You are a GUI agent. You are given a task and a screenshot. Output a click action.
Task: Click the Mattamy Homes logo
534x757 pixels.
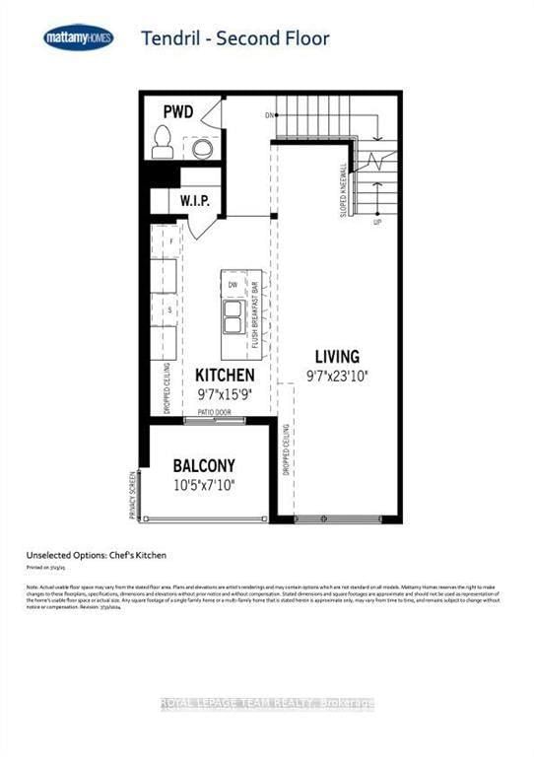pos(79,38)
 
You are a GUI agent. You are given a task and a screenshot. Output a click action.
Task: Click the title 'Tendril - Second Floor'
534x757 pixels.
pos(234,39)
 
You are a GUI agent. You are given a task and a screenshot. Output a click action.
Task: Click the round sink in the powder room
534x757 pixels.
pos(201,148)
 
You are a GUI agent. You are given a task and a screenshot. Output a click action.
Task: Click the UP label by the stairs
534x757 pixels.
pos(376,222)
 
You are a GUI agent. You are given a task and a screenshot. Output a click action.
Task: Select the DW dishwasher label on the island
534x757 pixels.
pos(234,285)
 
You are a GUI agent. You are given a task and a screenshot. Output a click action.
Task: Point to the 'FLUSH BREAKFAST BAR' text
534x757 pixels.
pos(254,310)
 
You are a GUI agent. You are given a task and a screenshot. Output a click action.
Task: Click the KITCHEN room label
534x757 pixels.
pos(225,376)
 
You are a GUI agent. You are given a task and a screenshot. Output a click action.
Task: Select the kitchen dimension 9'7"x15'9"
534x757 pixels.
pos(225,393)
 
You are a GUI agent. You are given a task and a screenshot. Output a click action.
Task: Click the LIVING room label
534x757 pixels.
pos(337,356)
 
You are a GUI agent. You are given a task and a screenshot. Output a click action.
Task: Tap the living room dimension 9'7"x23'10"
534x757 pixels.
pos(337,375)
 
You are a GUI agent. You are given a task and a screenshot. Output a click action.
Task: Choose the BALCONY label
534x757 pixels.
pos(204,465)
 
